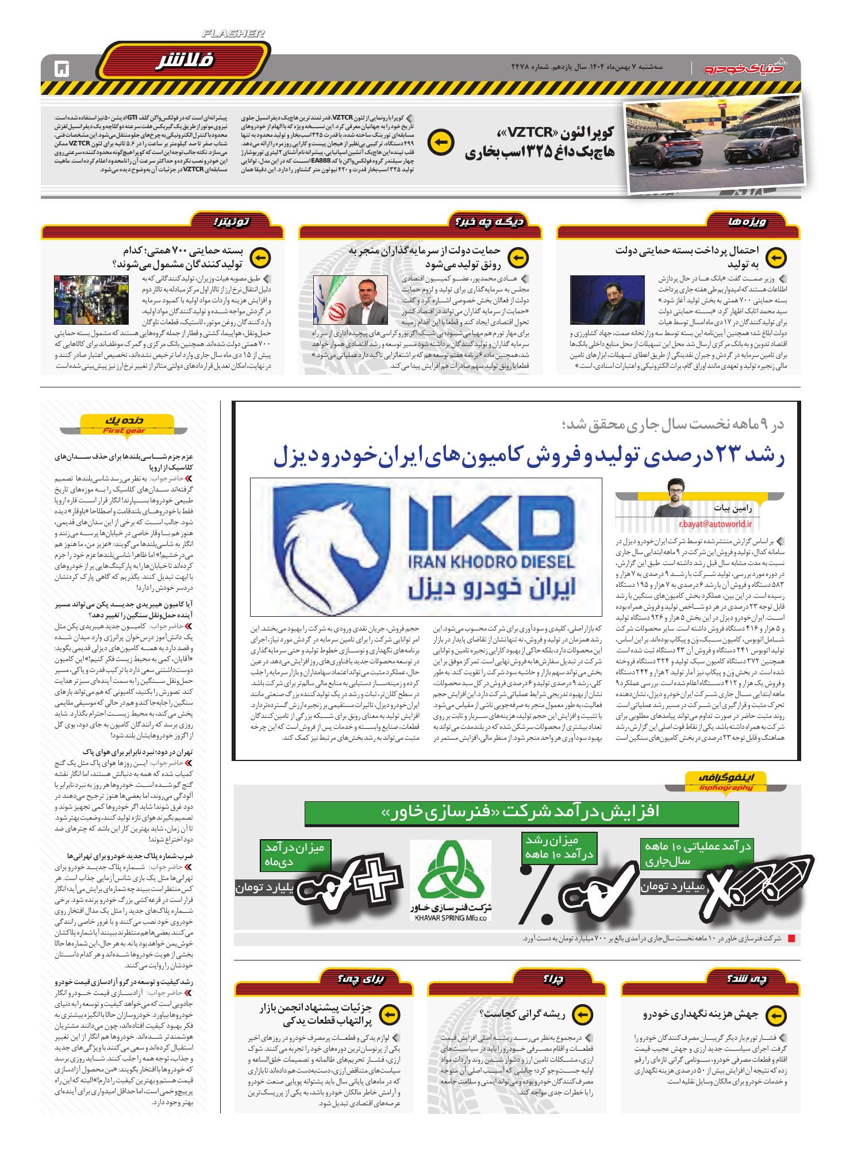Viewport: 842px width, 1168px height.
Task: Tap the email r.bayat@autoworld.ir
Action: pos(710,524)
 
